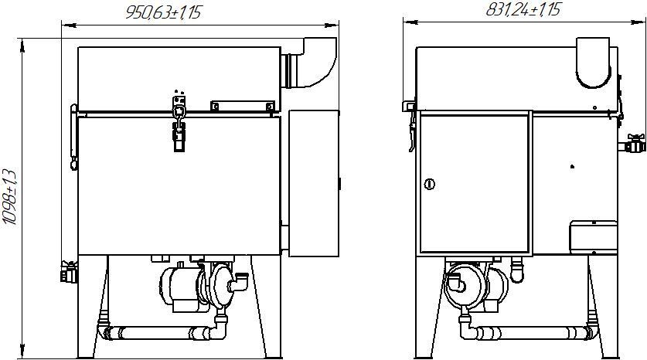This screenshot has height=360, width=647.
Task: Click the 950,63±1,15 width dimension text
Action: click(163, 12)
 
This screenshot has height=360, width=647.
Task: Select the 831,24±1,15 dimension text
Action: click(523, 9)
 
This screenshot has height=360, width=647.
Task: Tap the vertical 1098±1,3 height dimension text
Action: click(9, 197)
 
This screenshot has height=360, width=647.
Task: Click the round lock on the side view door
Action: click(430, 184)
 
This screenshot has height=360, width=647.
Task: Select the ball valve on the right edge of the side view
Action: click(632, 144)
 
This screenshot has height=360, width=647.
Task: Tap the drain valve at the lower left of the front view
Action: click(69, 272)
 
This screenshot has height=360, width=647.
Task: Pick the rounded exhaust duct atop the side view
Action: click(593, 63)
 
